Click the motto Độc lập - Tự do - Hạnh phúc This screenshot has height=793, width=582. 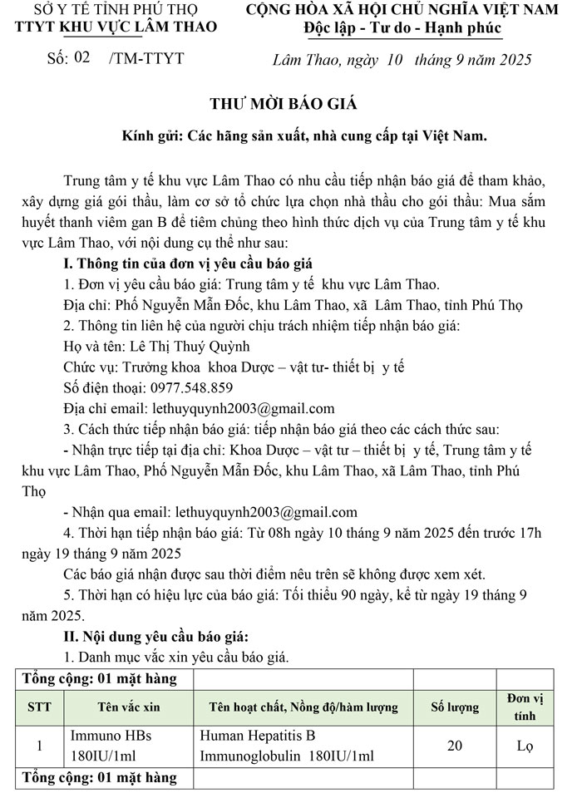[x=402, y=30]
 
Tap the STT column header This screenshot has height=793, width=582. [x=39, y=707]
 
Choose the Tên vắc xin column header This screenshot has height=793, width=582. [x=128, y=707]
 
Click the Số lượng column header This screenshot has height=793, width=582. [x=454, y=707]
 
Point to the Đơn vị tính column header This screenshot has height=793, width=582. [x=525, y=707]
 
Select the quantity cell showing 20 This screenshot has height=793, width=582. [x=455, y=746]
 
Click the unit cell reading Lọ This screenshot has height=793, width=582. [x=525, y=746]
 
